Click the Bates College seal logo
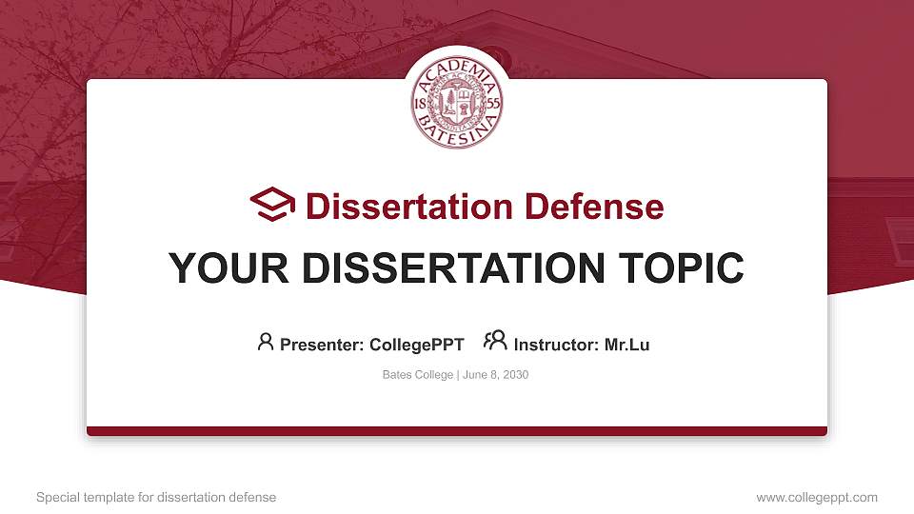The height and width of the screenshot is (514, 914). point(457,104)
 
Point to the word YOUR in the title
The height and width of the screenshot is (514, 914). point(215,268)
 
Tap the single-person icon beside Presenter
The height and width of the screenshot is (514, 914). point(266,342)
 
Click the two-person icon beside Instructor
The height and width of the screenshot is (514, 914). point(495,341)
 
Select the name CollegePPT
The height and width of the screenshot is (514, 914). point(417,345)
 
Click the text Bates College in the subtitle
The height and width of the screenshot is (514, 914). point(418,375)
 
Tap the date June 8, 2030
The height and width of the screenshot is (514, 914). point(495,375)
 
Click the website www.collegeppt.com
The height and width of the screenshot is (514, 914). point(817,497)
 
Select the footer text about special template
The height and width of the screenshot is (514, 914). point(155,497)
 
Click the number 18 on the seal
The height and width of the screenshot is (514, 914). point(422,103)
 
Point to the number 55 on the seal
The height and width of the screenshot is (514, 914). point(492,103)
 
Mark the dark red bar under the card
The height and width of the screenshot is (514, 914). point(457,431)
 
